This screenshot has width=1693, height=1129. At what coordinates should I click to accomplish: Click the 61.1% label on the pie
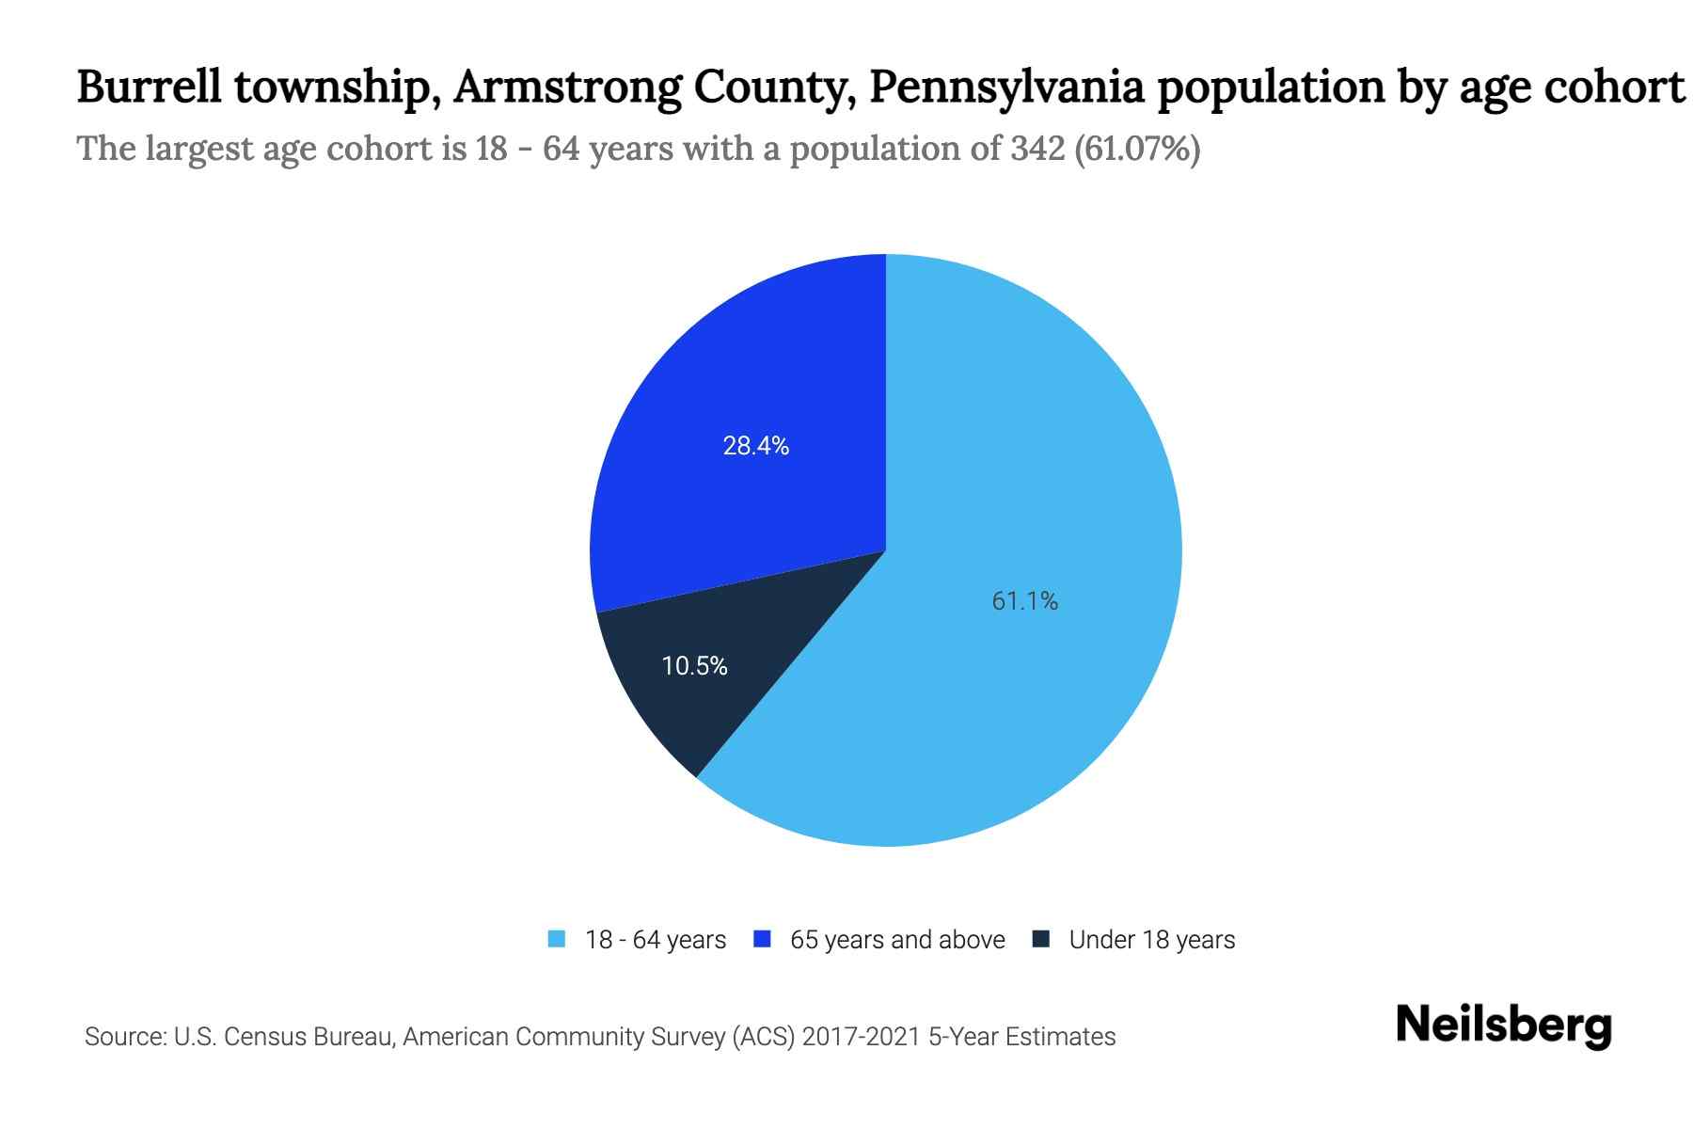tap(1024, 601)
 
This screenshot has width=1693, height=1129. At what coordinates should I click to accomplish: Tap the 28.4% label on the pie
tap(755, 446)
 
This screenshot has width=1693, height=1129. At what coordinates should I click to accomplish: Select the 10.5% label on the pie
tap(694, 666)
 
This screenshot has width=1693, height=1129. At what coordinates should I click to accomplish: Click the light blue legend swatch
tap(557, 939)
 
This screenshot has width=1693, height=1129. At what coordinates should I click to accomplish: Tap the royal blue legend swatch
tap(763, 939)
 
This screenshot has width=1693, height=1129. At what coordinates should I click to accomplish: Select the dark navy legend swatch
tap(1041, 939)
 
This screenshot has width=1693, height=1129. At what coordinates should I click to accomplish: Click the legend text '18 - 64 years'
tap(656, 940)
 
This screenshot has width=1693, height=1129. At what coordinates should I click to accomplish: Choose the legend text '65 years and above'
tap(897, 940)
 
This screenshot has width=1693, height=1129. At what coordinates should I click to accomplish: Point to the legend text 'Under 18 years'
tap(1152, 940)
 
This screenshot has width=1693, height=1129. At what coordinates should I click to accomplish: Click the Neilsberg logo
tap(1503, 1026)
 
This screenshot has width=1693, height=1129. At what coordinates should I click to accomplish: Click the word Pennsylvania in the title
tap(1006, 87)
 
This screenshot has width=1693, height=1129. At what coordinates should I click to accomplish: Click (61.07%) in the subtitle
tap(1137, 149)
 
